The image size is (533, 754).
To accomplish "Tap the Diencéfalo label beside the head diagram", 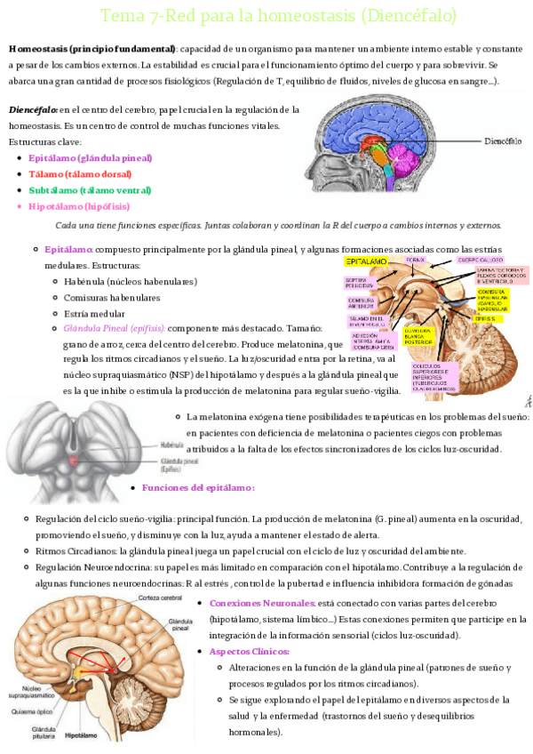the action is click(503, 140).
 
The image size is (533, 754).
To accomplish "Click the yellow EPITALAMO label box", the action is click(365, 263).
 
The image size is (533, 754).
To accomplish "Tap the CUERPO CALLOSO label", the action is click(480, 261).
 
